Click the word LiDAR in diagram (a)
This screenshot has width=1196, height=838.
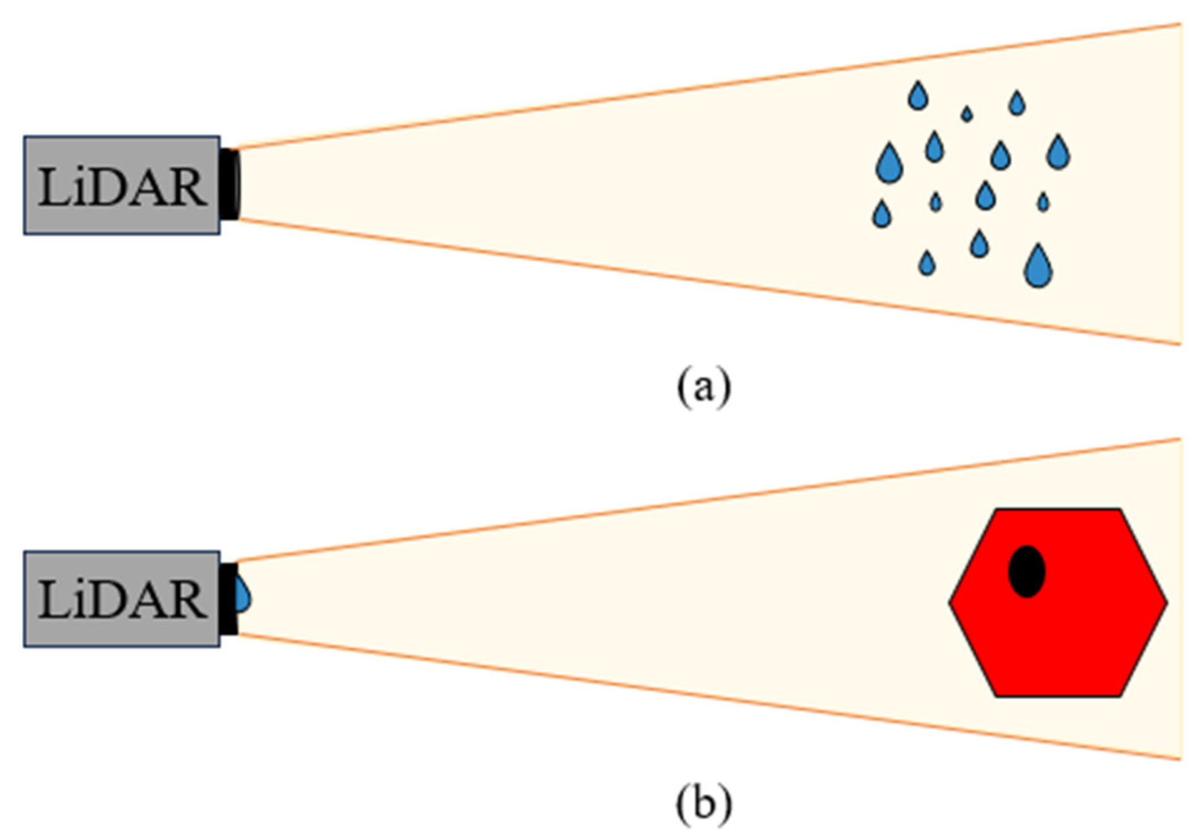click(x=122, y=186)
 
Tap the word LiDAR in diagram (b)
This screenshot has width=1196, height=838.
click(x=122, y=599)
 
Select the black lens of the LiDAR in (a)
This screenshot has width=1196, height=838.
click(x=230, y=184)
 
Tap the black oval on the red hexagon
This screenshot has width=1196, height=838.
click(x=1026, y=571)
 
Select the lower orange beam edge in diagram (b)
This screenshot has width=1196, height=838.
click(x=708, y=696)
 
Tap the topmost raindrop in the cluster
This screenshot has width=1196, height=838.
click(x=918, y=96)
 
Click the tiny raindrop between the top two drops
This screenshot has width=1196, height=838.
click(x=967, y=114)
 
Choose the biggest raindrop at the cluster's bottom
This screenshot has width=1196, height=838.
click(x=1038, y=267)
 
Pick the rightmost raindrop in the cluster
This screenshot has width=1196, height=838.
click(x=1058, y=153)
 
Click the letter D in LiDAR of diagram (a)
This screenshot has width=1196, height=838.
click(x=120, y=188)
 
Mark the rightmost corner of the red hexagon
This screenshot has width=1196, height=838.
click(x=1166, y=602)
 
